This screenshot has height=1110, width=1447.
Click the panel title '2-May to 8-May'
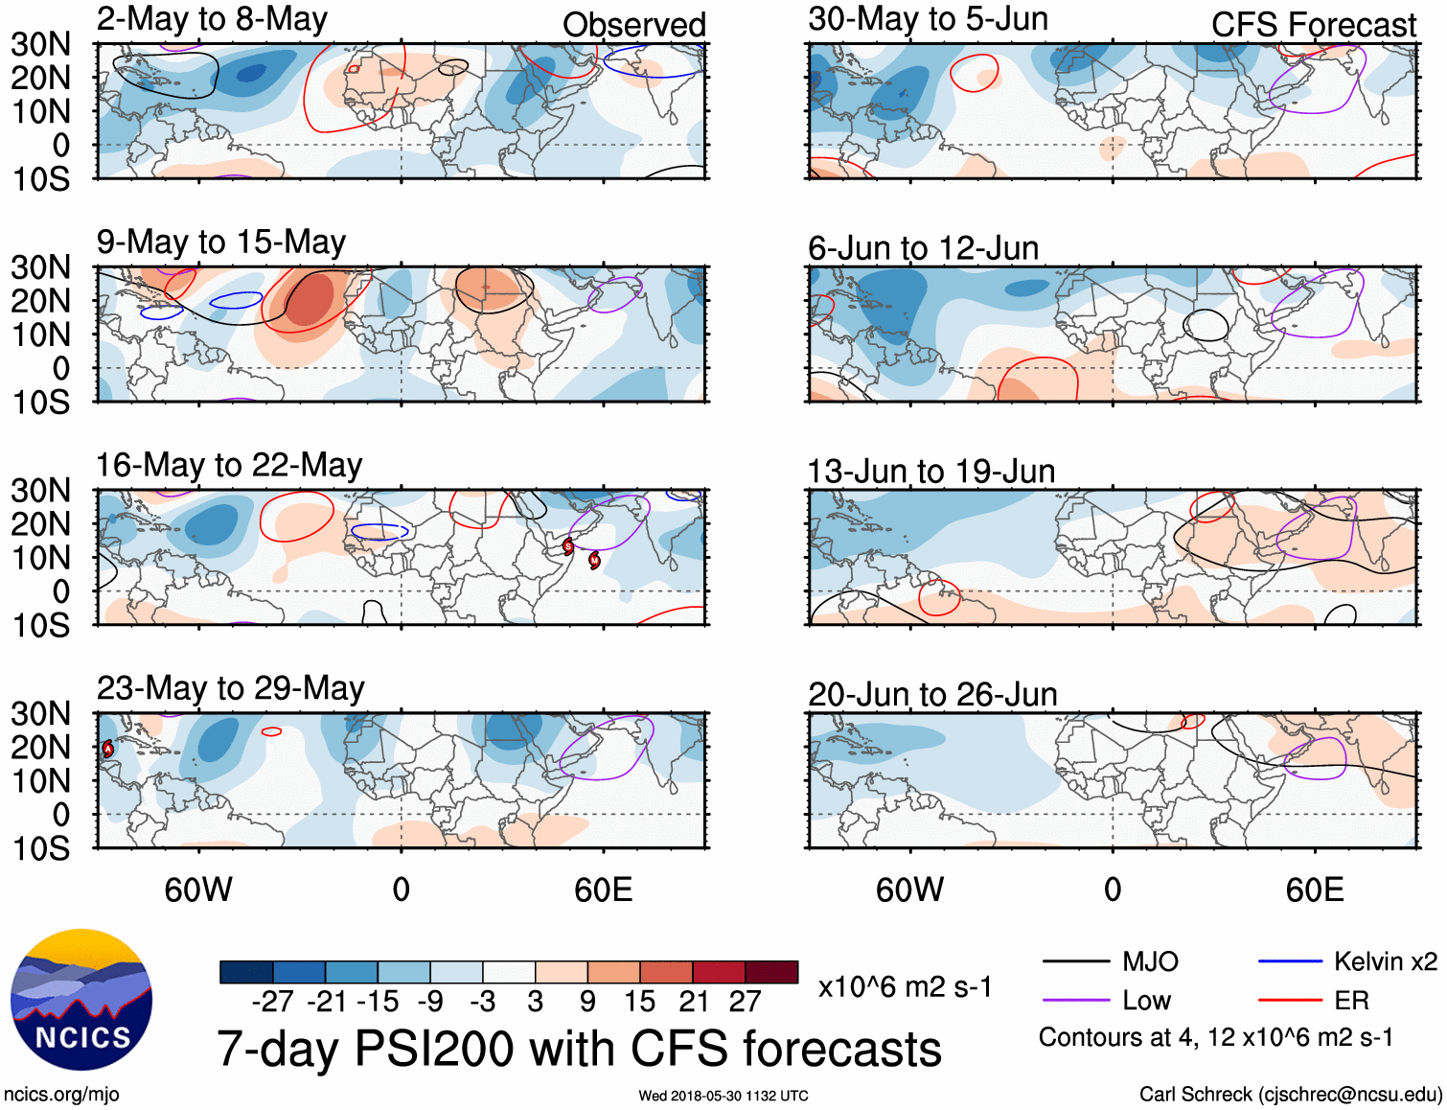212,19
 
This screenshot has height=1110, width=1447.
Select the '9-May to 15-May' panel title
221,243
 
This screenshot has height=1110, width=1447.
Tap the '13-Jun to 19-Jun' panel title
931,472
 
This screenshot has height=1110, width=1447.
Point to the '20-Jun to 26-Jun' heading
932,694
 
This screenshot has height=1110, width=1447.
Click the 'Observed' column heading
633,25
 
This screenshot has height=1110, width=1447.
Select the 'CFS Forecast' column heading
1313,25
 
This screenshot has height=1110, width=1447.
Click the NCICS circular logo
81,1000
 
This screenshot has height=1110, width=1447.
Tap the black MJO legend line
1075,961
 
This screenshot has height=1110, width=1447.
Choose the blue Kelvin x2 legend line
1290,961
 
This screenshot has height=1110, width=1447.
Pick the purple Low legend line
1075,1001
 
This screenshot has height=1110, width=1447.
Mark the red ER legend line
1290,1001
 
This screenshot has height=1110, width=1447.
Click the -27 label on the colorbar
272,1002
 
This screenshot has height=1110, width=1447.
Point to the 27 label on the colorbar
745,1002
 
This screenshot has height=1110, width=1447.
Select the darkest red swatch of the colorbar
771,972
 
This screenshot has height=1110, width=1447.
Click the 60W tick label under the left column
198,890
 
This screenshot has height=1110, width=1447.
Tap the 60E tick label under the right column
1314,890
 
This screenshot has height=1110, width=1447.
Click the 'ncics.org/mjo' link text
61,1095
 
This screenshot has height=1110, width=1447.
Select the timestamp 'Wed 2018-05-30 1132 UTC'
723,1096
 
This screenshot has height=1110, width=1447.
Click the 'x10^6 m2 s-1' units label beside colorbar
905,987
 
